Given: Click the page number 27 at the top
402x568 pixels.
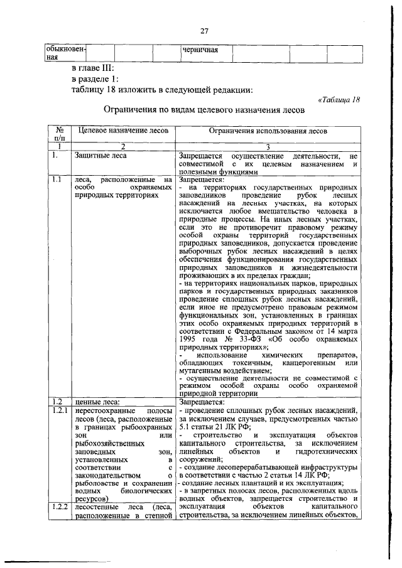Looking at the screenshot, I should (x=204, y=32).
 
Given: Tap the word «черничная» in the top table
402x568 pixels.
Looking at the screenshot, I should (x=200, y=50).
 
